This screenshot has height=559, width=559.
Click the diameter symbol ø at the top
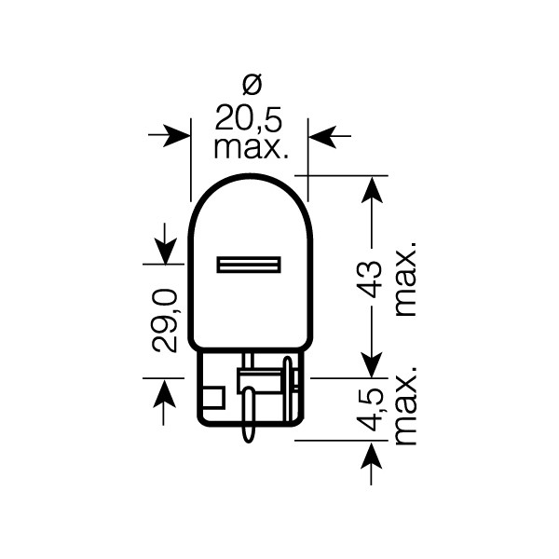249,87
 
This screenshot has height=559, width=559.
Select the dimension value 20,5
249,117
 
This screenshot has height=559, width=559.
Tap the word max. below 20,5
249,146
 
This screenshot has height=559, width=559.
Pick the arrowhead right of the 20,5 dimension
321,137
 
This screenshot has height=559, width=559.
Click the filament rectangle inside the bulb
249,265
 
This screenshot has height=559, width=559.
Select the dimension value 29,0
164,321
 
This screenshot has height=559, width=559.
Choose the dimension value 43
372,278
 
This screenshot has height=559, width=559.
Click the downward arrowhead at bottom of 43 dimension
372,365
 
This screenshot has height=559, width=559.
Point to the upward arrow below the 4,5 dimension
372,456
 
